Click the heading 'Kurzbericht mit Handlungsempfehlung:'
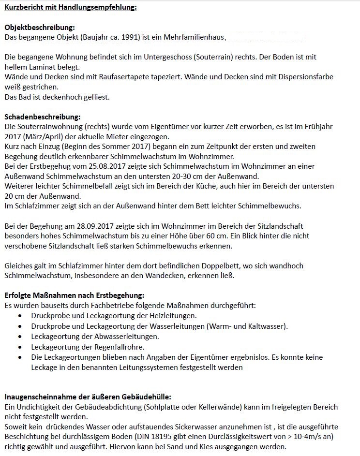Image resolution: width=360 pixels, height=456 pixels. (71, 7)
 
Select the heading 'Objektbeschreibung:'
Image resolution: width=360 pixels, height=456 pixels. (40, 28)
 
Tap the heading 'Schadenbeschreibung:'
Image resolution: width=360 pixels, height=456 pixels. (43, 117)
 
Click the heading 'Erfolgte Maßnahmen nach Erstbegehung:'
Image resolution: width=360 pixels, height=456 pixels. (75, 295)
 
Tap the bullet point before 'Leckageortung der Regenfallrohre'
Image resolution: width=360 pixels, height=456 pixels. (19, 347)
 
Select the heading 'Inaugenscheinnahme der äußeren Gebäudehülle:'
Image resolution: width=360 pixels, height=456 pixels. (88, 397)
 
